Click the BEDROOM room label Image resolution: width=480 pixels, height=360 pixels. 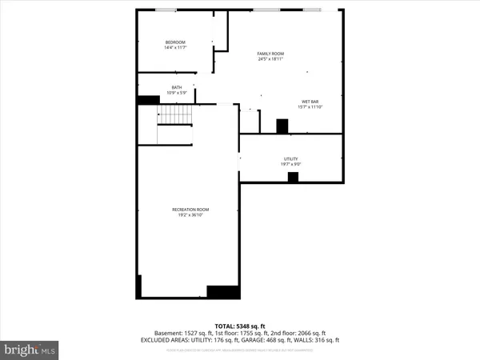(175, 42)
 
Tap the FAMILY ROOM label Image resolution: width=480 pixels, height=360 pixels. (270, 54)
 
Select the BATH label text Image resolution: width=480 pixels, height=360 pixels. (176, 88)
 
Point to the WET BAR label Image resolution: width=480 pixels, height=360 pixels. (310, 102)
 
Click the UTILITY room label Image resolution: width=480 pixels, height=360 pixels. (290, 159)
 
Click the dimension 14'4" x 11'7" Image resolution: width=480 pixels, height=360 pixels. (175, 48)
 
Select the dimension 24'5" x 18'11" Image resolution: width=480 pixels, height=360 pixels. (270, 59)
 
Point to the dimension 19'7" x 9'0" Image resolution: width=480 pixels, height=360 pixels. (290, 165)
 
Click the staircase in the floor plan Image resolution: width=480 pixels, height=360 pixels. (174, 117)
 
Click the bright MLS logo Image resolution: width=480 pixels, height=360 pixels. (30, 350)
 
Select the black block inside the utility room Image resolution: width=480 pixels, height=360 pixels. (293, 177)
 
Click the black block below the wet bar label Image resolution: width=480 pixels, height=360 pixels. (282, 126)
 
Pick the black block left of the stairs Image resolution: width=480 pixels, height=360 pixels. (149, 100)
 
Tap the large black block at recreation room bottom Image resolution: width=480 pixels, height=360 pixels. (222, 292)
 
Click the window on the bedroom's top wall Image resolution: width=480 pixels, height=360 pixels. (166, 10)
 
